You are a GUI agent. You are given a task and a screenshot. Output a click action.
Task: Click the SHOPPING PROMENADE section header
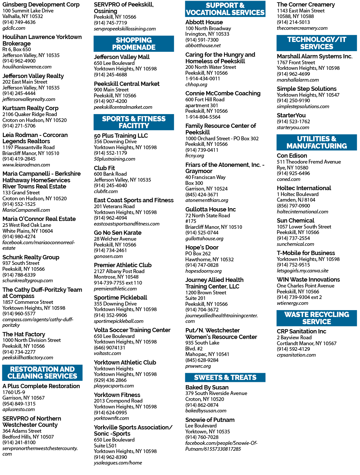pos(133,44)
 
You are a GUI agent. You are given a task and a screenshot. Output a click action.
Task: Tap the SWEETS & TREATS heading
pos(225,377)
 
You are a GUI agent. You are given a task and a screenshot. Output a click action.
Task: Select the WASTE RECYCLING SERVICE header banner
pos(316,318)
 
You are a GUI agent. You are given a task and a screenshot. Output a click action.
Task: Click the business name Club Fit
pos(104,168)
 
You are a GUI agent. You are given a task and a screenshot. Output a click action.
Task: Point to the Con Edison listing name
pos(292,156)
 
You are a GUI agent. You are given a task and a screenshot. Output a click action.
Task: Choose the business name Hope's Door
pos(202,247)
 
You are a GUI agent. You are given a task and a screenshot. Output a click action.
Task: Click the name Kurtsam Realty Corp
pos(30,108)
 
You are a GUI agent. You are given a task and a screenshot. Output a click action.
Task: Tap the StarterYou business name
pos(291,115)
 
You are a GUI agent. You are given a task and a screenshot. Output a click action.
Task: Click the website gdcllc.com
pos(14,28)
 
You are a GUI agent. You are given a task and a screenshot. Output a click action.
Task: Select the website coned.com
pos(289,179)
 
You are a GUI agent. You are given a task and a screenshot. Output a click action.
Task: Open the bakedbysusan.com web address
pos(206,410)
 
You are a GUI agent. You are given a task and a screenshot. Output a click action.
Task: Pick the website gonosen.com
pos(108,256)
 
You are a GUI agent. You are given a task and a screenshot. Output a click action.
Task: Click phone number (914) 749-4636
pos(19,22)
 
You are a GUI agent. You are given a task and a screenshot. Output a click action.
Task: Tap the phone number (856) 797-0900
pos(293,206)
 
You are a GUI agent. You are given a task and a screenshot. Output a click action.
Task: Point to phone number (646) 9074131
pos(110,348)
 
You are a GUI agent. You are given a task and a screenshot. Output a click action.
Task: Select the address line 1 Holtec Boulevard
pos(298,194)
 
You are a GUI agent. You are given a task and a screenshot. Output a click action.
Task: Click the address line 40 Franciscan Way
pos(205,177)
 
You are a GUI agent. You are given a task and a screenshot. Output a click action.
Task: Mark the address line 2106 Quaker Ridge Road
pos(30,114)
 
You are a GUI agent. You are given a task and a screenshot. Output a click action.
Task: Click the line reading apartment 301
pos(202,105)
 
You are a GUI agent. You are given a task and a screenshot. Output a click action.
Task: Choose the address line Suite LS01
pos(105,445)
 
